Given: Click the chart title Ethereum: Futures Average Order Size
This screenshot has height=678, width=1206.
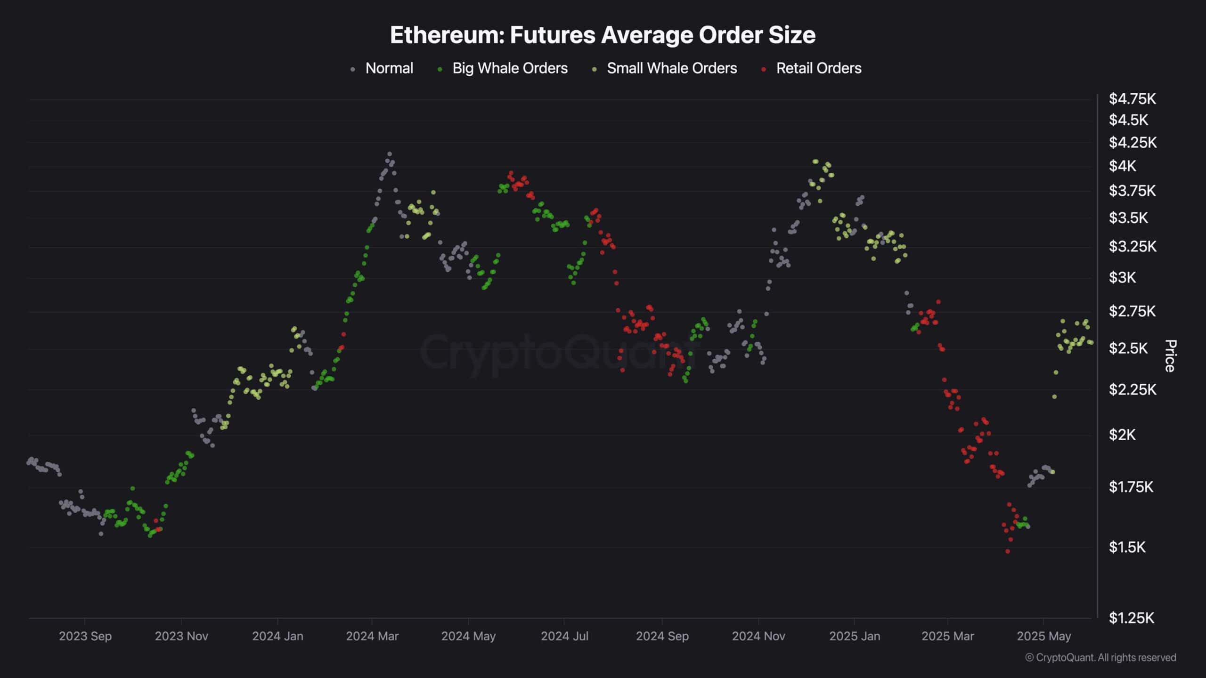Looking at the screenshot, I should [603, 35].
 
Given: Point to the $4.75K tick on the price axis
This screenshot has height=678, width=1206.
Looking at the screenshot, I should [1132, 99].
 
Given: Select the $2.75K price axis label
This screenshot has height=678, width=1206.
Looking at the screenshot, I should [1132, 311].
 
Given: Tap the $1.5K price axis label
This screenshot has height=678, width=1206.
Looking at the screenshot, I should [1127, 547].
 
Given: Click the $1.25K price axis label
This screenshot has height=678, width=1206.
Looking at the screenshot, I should [1131, 618].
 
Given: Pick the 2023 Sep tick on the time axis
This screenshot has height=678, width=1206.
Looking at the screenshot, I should [85, 636].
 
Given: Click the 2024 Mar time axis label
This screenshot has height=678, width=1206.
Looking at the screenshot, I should [372, 636].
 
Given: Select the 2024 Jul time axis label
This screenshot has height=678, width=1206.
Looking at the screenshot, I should [564, 636].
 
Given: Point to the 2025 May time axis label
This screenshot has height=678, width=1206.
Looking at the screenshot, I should [1044, 636].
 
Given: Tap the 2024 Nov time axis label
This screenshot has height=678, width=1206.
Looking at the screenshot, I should [758, 636].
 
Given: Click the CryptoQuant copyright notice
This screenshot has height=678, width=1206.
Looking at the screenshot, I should [1100, 657].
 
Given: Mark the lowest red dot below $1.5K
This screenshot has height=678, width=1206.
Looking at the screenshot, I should [1008, 551].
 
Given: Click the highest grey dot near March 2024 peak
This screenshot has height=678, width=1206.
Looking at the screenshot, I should [389, 154].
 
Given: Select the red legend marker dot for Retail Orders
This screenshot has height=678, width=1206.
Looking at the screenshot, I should [764, 69].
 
